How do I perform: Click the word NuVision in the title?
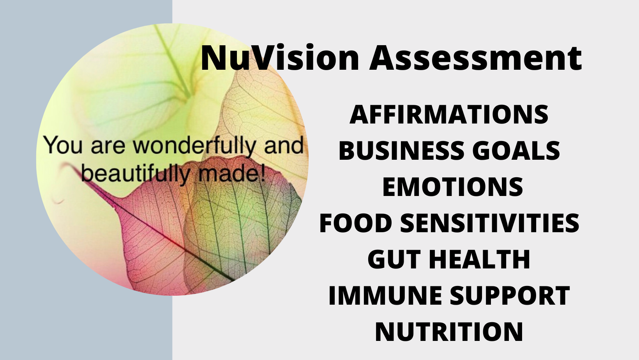[280, 58]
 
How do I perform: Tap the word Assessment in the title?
[475, 58]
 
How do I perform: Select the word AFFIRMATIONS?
[449, 115]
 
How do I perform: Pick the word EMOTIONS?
[452, 187]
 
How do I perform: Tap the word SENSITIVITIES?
[489, 223]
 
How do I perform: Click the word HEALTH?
[479, 259]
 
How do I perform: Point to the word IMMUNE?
[385, 295]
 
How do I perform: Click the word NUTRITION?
[449, 332]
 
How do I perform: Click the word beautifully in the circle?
[135, 174]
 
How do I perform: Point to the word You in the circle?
[64, 145]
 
